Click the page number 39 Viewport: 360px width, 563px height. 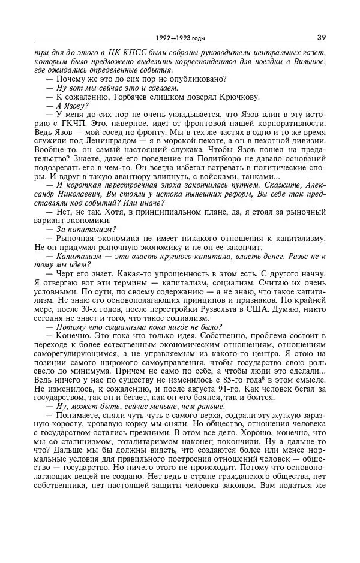tap(322, 38)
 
